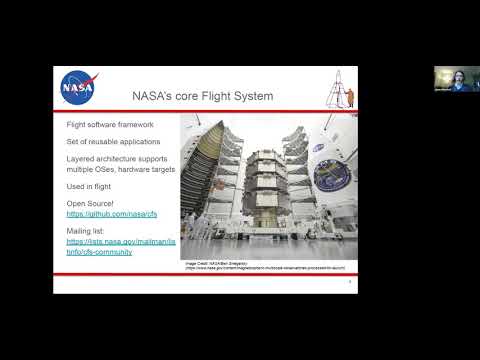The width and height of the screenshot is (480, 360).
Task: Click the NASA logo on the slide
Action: pyautogui.click(x=77, y=87)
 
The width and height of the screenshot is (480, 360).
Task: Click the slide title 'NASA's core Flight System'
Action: pyautogui.click(x=203, y=96)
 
